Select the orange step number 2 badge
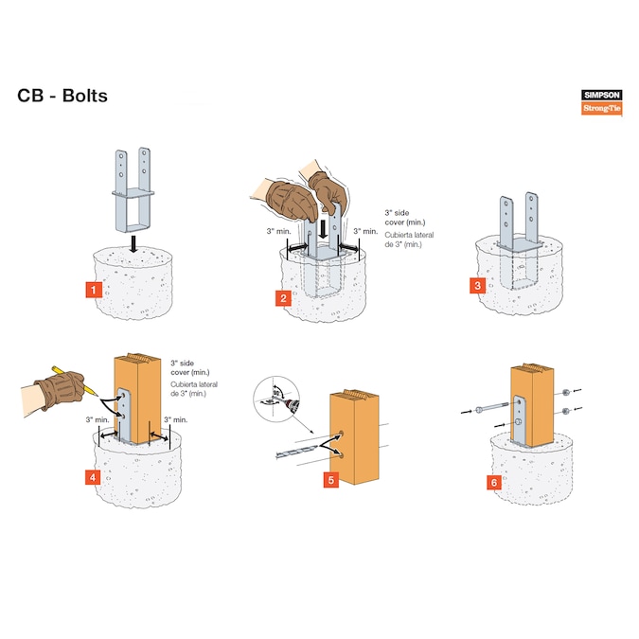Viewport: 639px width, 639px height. [283, 298]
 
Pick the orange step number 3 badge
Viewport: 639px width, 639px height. [478, 285]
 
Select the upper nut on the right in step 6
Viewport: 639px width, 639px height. [562, 391]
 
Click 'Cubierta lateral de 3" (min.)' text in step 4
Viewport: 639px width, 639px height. [190, 390]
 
